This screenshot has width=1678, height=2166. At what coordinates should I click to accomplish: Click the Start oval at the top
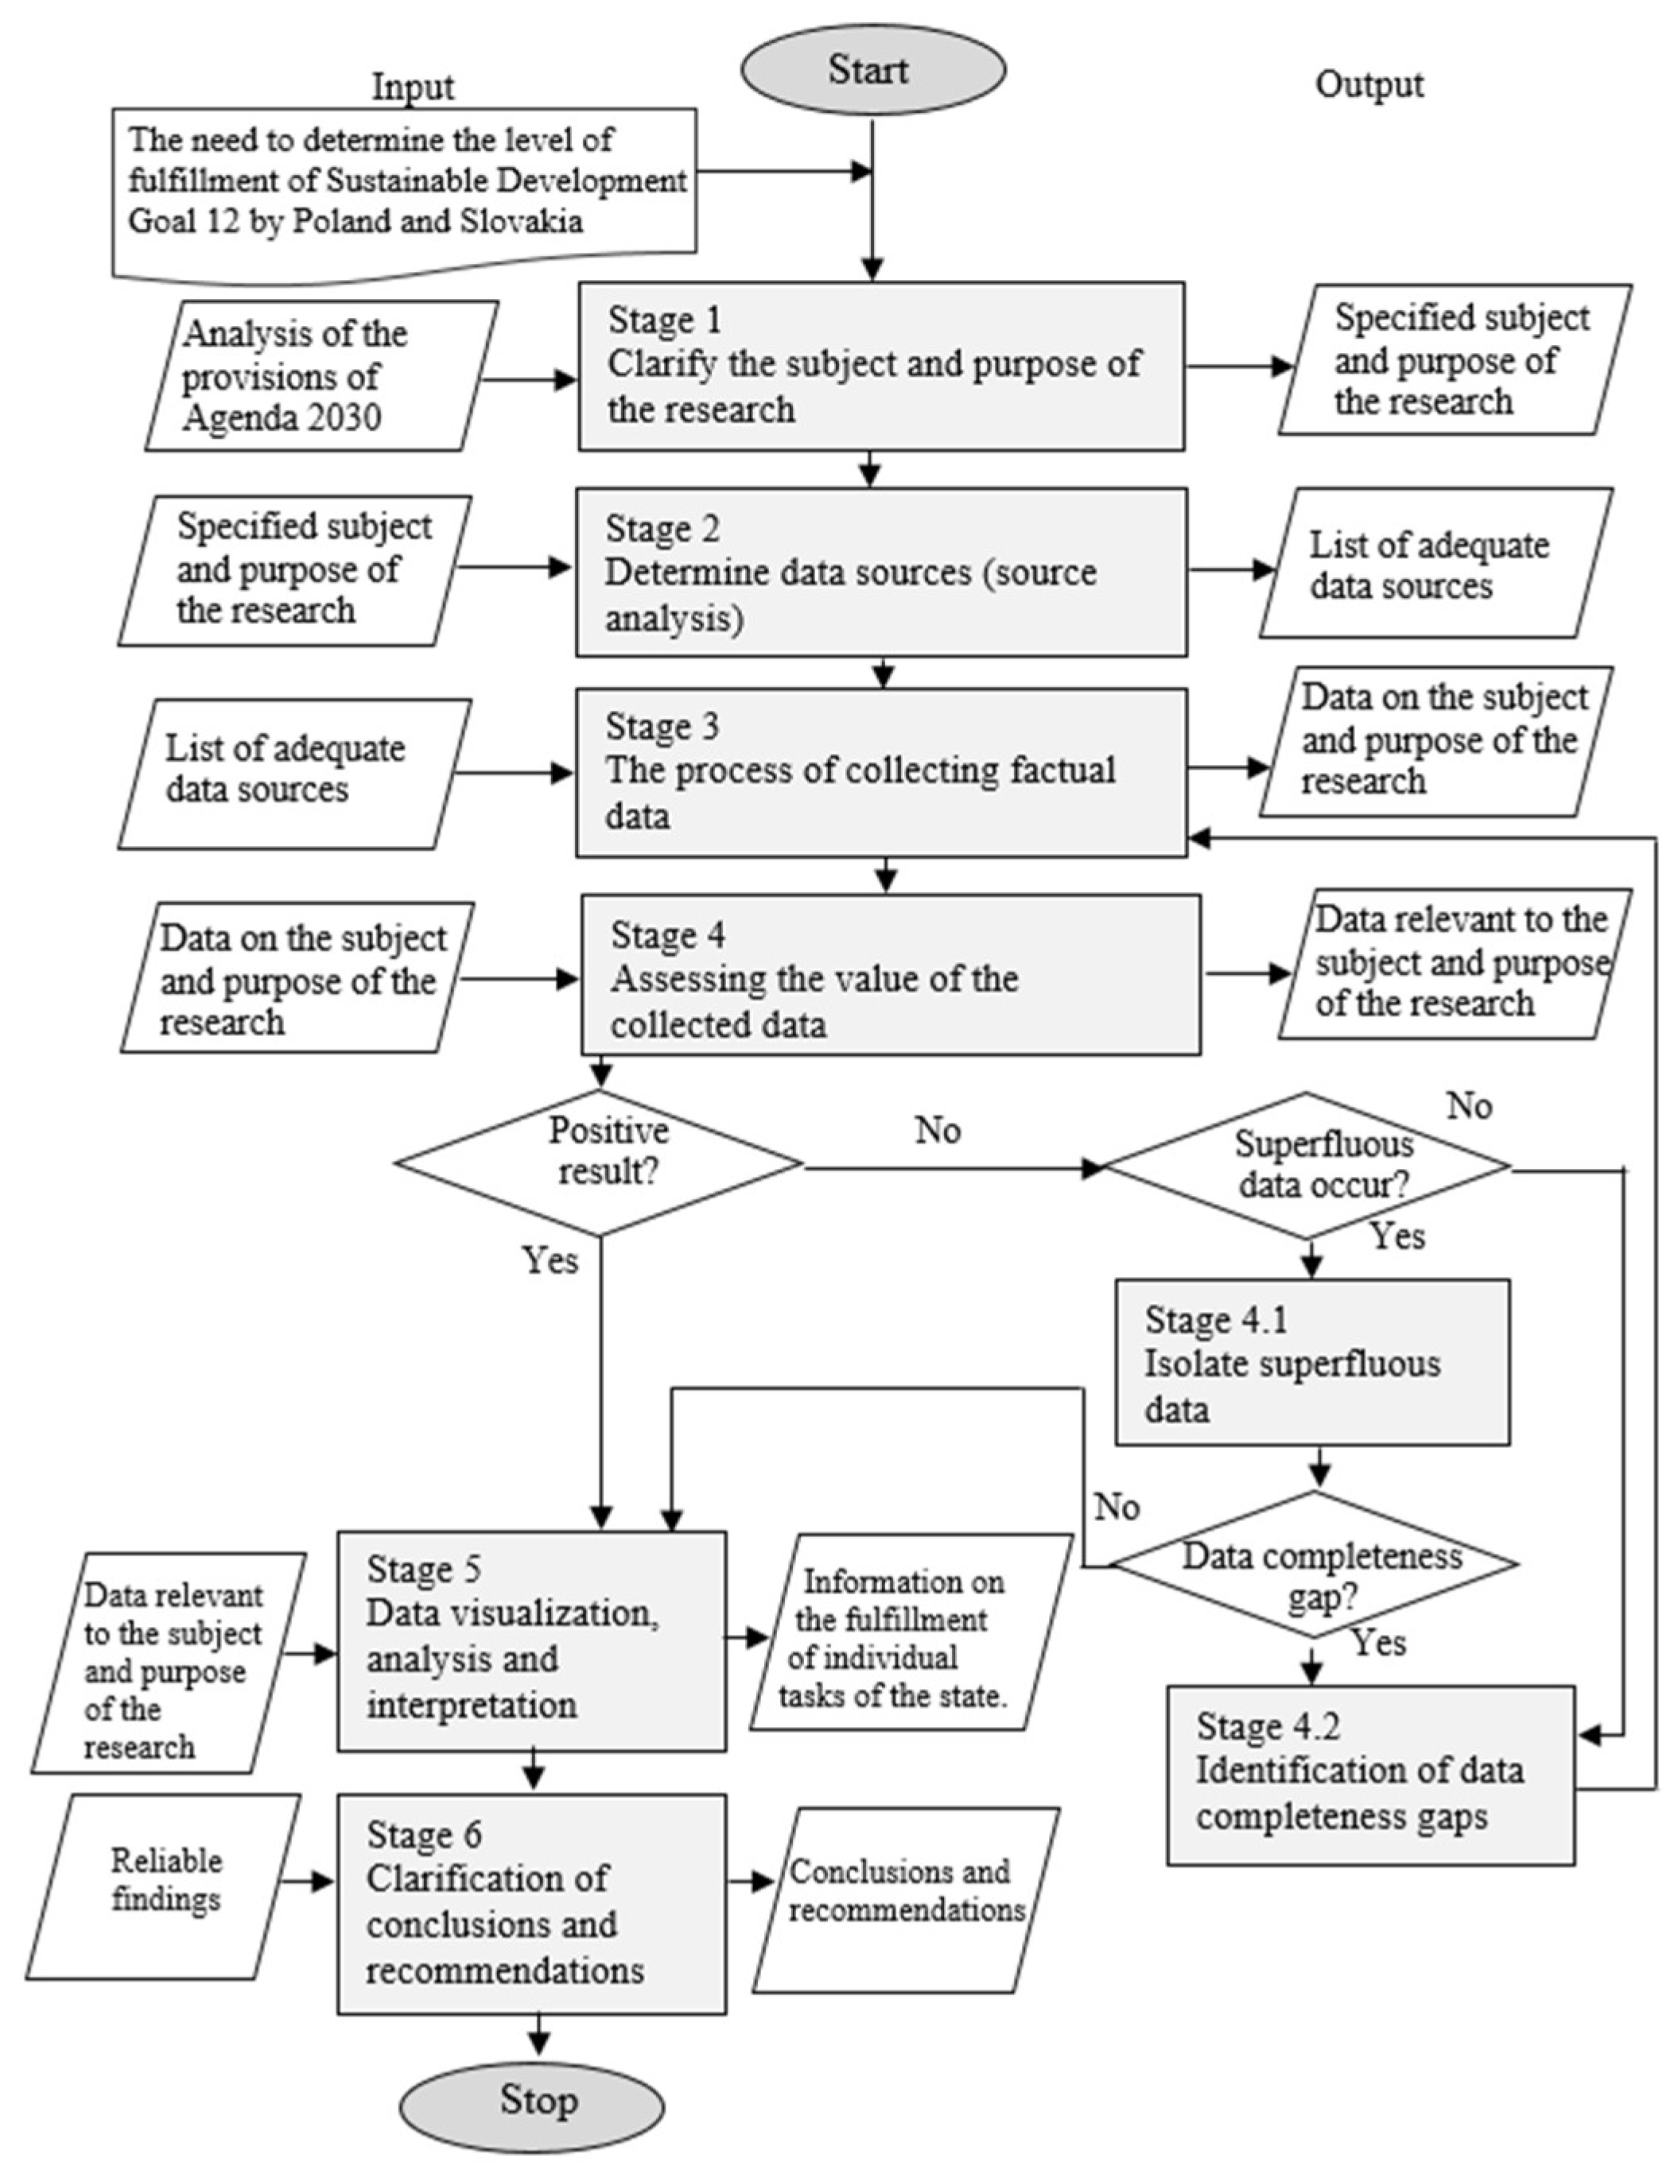(872, 69)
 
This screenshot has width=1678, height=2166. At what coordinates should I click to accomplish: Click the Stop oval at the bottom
(533, 2101)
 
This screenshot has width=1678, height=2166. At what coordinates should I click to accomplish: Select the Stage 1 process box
(880, 366)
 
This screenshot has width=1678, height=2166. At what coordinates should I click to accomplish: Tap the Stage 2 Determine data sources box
(880, 573)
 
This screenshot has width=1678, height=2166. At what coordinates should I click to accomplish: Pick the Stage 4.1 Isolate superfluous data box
(1312, 1361)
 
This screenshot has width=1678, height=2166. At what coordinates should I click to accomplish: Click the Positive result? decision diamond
(600, 1163)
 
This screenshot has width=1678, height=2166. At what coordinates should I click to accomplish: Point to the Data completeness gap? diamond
(1314, 1565)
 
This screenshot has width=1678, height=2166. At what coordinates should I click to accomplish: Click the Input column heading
(413, 87)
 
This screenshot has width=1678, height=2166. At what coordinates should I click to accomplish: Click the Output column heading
(1369, 84)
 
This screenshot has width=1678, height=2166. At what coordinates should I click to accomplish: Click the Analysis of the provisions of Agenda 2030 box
(320, 376)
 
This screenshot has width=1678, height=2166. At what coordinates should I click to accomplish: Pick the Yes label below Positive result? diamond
(550, 1260)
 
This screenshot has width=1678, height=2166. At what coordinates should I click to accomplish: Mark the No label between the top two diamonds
(937, 1130)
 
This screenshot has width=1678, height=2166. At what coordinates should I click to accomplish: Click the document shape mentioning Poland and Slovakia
(405, 188)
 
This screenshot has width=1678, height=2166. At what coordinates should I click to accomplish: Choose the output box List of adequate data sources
(1435, 563)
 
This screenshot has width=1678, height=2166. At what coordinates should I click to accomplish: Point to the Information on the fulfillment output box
(910, 1637)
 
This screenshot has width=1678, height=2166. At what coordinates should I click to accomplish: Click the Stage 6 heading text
(423, 1834)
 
